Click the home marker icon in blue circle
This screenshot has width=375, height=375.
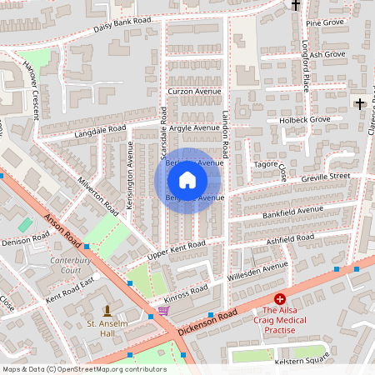click(187, 179)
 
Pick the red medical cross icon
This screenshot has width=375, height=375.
click(280, 298)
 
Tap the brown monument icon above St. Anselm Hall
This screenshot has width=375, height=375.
click(106, 308)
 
